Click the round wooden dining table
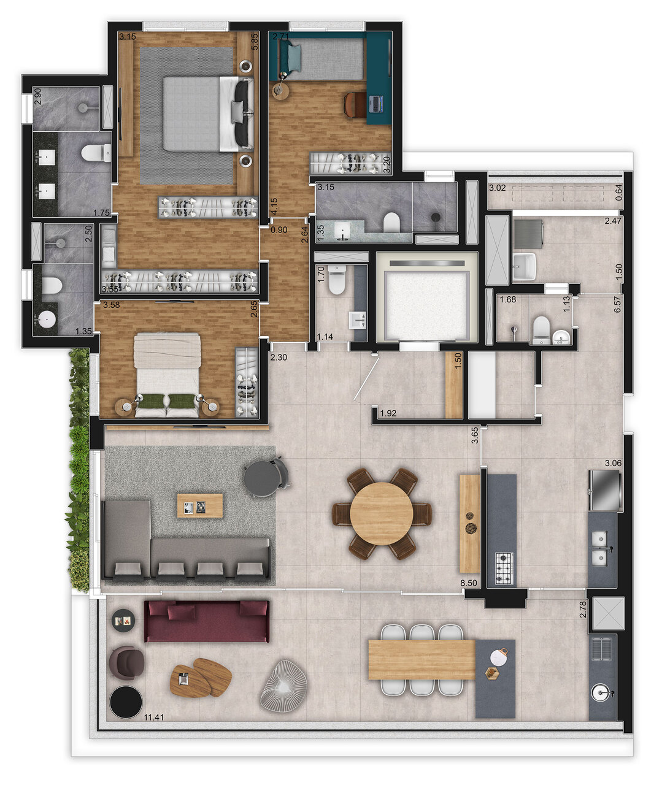(x=382, y=514)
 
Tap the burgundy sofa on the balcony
(x=206, y=621)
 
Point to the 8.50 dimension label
(x=469, y=583)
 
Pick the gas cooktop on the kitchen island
(x=504, y=568)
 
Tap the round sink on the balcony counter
(x=602, y=694)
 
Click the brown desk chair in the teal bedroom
(x=354, y=104)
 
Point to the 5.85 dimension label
(x=255, y=41)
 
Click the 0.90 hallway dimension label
(x=279, y=230)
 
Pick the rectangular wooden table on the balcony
(x=421, y=660)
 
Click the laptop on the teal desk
(x=376, y=104)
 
